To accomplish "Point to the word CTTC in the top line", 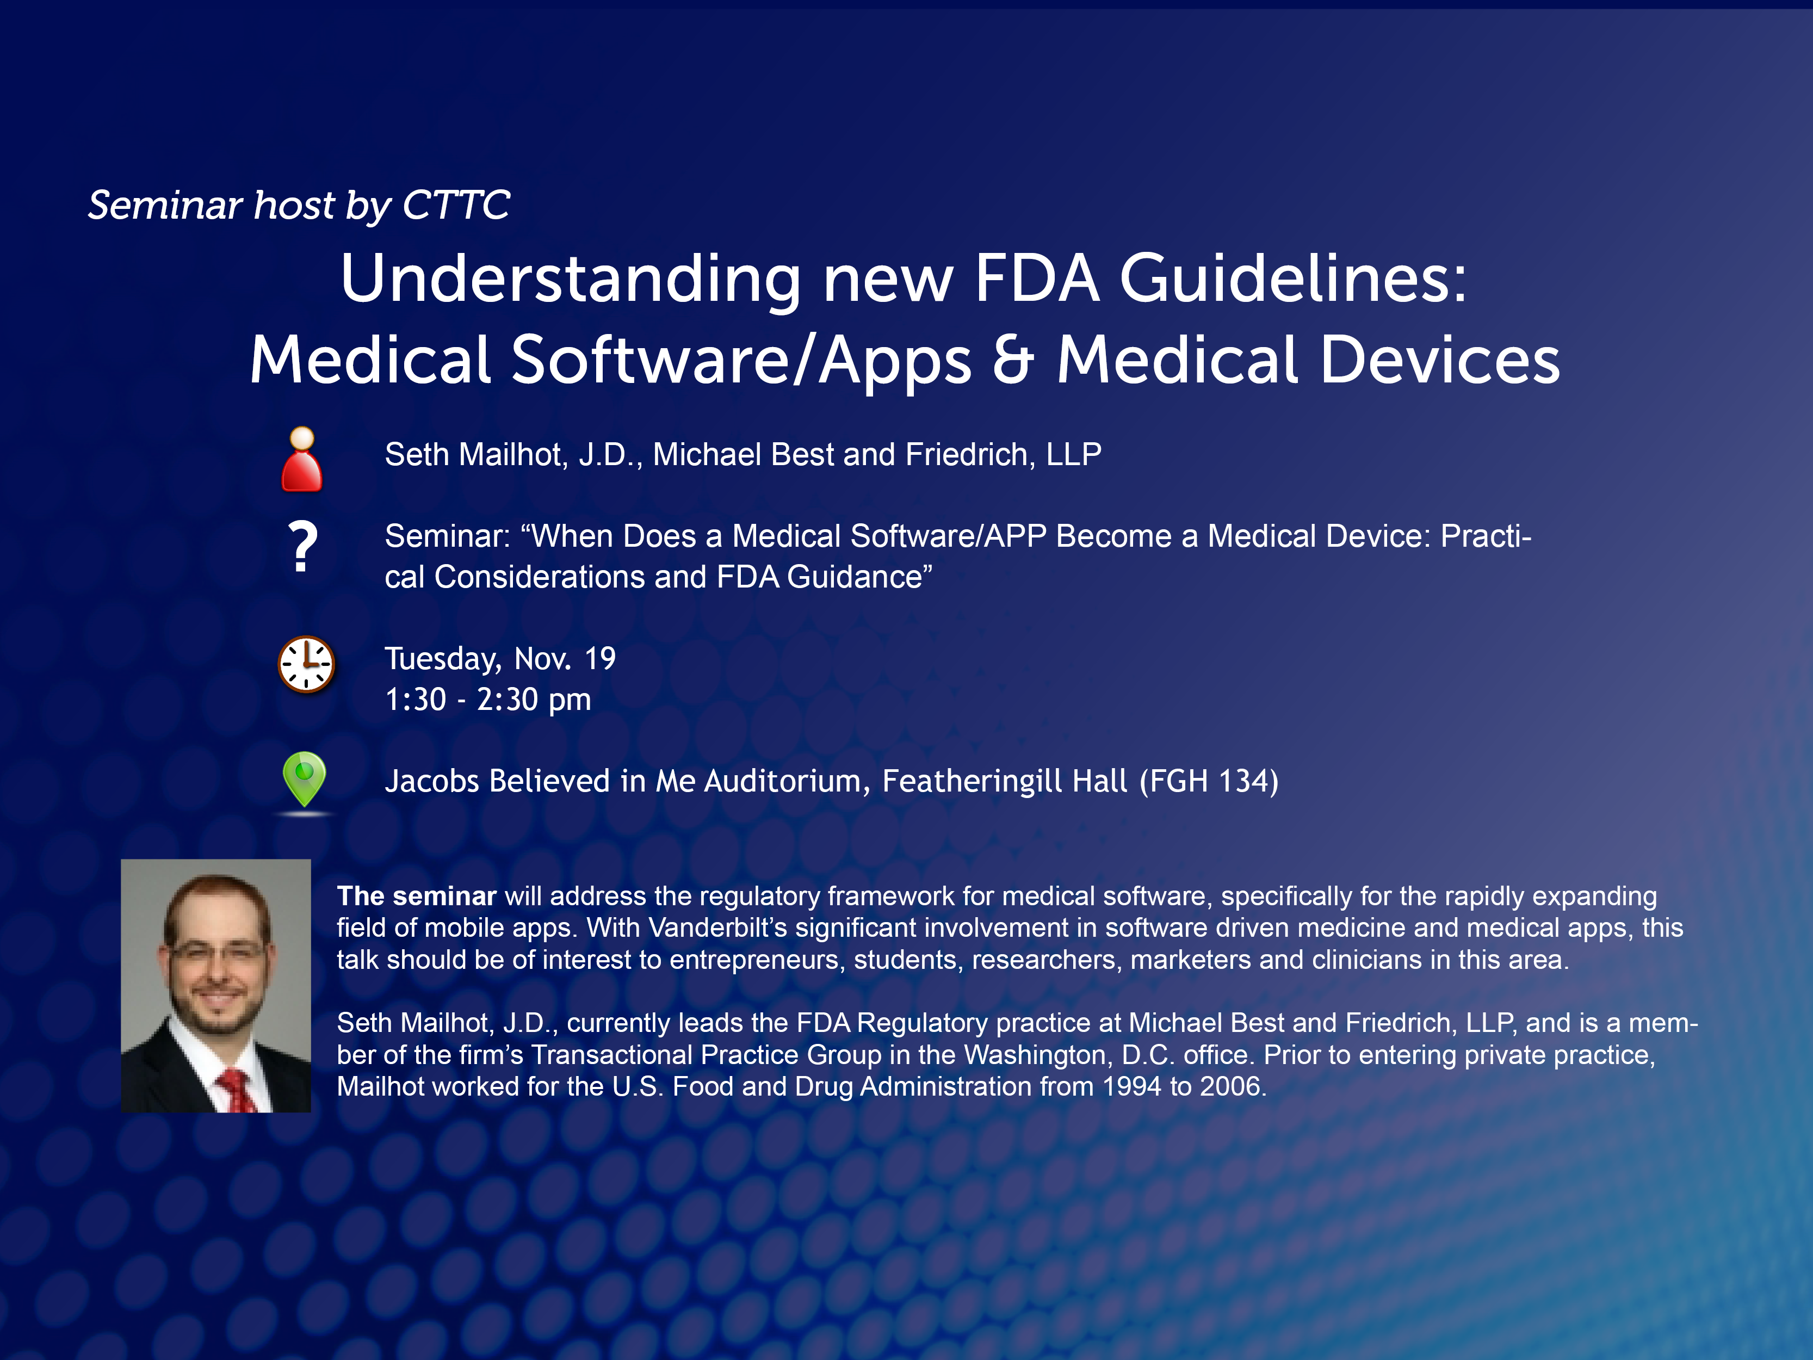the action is coord(456,205).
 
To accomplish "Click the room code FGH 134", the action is coord(1209,781).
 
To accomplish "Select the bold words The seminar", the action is coord(416,896).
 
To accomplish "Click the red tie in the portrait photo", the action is coord(238,1090).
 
